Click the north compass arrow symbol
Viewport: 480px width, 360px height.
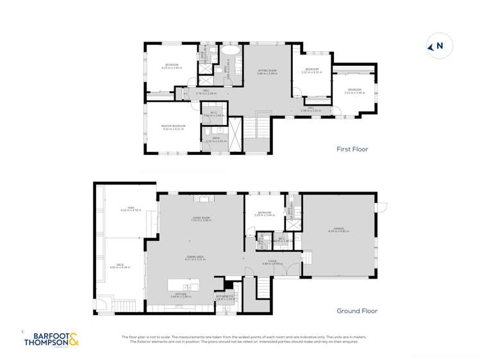pyautogui.click(x=431, y=46)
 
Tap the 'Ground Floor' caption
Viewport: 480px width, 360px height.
pyautogui.click(x=356, y=311)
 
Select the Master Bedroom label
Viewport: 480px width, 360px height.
pyautogui.click(x=174, y=127)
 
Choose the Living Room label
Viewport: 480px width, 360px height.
pyautogui.click(x=201, y=219)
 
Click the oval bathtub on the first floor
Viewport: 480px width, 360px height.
pyautogui.click(x=231, y=49)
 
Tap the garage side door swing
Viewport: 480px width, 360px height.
pyautogui.click(x=381, y=206)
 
